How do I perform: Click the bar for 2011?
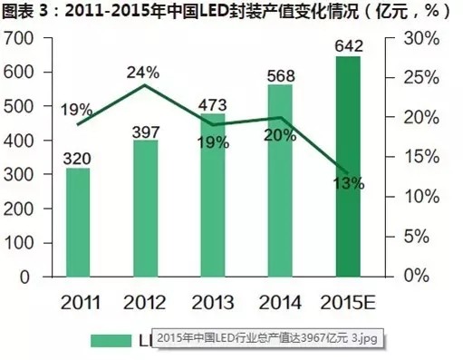tap(78, 221)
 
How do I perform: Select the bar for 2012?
tap(145, 208)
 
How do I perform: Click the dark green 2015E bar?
tap(348, 166)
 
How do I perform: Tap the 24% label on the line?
tap(143, 73)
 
